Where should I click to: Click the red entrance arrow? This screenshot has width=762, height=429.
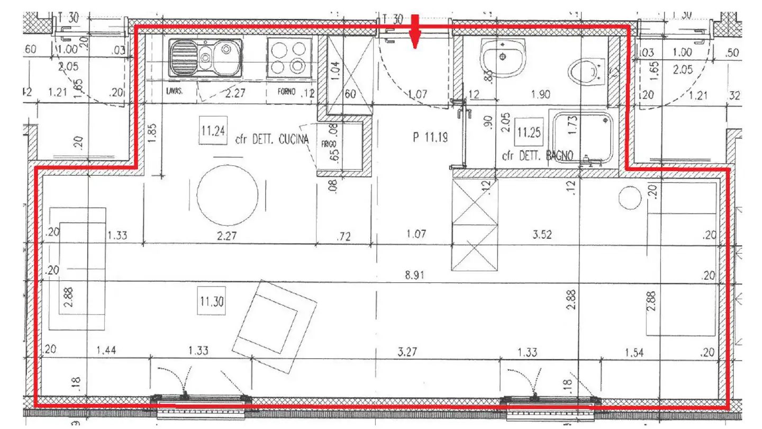[x=415, y=33]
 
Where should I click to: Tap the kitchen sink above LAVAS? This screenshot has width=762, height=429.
[x=205, y=57]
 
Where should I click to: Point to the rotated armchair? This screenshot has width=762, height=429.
[x=275, y=319]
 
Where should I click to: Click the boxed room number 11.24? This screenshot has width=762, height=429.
[x=213, y=130]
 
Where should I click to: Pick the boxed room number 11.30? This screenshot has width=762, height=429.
[x=212, y=302]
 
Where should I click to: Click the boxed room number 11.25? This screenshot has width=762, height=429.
[x=529, y=132]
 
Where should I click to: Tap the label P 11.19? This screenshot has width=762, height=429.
[x=431, y=138]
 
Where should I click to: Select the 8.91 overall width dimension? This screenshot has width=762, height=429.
[x=415, y=275]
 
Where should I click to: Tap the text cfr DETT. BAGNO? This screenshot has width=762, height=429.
[x=537, y=157]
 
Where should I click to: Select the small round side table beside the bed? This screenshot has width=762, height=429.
[x=630, y=198]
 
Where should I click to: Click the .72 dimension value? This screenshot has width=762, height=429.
[x=344, y=237]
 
